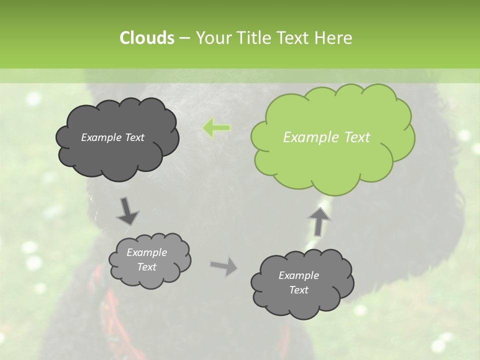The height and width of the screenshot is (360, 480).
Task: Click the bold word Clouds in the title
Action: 146,38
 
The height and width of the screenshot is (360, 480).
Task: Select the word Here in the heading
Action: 334,38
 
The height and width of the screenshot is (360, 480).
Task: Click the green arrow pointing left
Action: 216,128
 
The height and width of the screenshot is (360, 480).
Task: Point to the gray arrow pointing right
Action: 223,266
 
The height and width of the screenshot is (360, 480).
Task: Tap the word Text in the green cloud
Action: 355,137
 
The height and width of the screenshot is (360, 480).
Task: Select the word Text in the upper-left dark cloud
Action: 133,137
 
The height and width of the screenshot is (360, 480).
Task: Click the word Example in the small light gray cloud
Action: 146,252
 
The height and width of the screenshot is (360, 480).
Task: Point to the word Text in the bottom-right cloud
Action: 298,290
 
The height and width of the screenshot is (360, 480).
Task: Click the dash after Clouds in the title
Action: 183,38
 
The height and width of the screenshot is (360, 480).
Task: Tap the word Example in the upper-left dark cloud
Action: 100,137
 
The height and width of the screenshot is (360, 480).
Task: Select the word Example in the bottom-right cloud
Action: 298,275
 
